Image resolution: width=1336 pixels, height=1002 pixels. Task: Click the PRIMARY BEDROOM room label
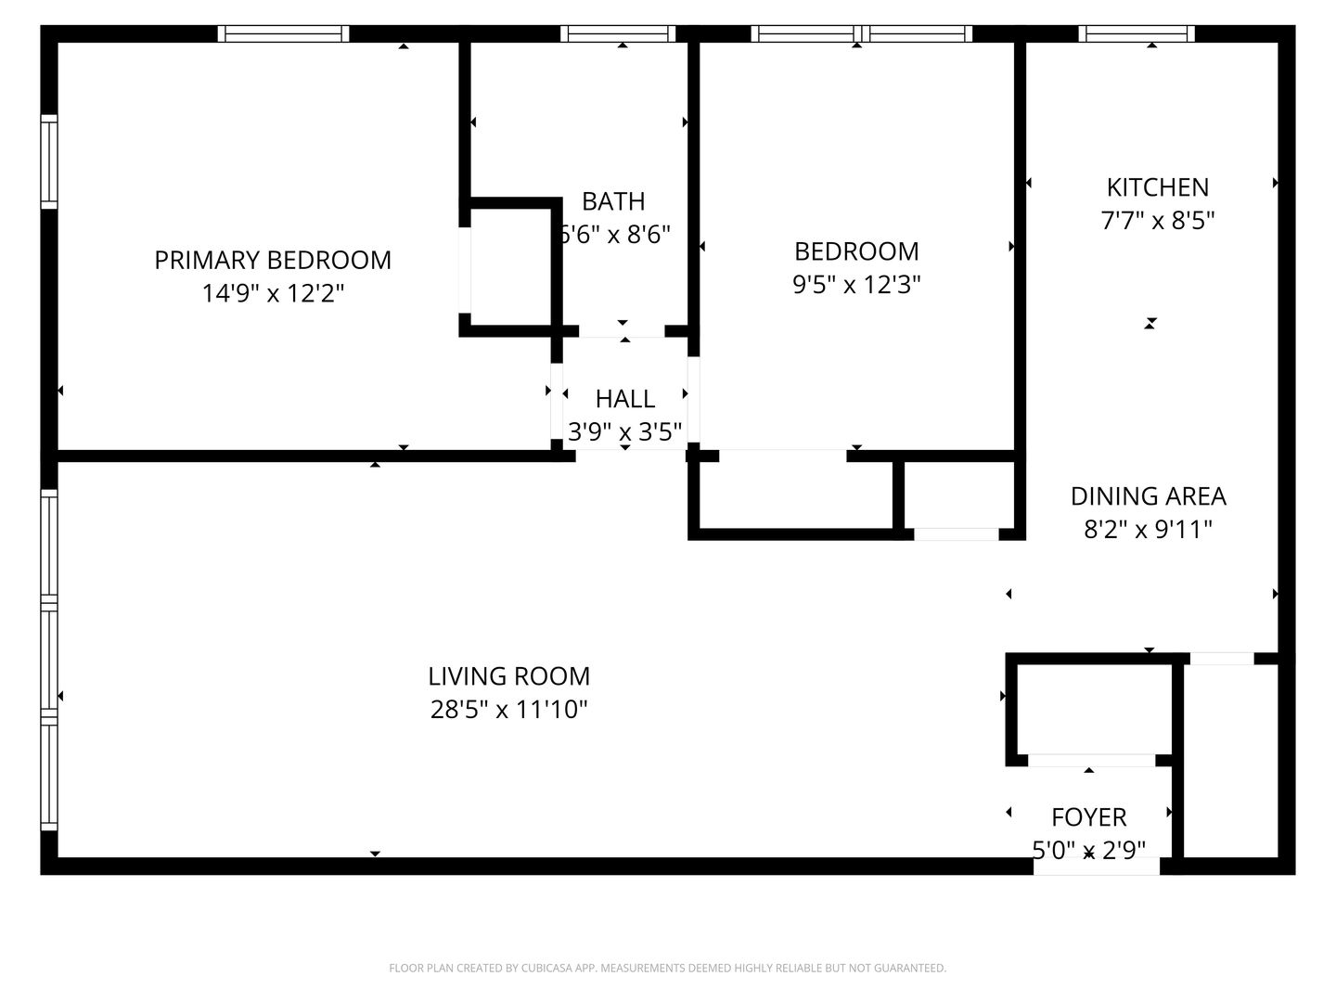273,261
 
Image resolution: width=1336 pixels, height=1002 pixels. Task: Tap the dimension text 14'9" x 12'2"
273,293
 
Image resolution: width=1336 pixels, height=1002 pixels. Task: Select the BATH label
613,201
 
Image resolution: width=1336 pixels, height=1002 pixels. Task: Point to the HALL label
625,399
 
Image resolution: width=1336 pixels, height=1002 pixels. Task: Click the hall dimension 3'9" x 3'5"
624,432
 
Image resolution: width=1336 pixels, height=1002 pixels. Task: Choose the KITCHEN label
1158,187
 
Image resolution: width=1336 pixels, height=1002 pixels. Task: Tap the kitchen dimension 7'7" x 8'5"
1158,220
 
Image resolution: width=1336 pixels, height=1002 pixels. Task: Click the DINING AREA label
1148,496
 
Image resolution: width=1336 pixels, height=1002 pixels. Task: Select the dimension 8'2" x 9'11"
1148,529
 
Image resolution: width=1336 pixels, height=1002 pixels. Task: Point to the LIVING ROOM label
508,676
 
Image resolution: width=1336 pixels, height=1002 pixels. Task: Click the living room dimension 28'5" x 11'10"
508,710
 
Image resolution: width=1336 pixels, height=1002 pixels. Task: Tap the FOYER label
1089,817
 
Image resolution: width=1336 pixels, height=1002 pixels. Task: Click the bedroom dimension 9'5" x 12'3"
856,284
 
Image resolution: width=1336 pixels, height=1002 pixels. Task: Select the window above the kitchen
1137,33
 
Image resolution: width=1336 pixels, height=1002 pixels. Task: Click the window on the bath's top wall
618,33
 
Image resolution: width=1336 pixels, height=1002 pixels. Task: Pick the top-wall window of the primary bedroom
284,33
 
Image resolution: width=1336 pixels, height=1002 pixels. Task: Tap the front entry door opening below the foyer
1097,866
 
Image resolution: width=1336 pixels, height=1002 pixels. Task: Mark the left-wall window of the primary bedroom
48,161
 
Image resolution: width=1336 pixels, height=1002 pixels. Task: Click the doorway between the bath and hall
622,331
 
